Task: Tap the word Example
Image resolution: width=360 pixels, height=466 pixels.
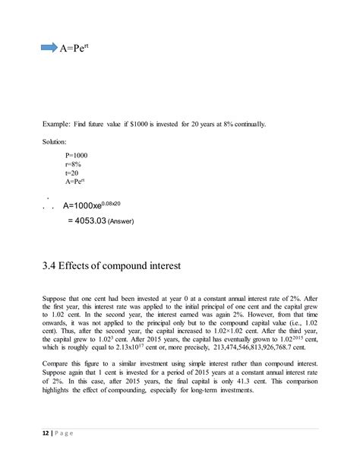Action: (54, 123)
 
